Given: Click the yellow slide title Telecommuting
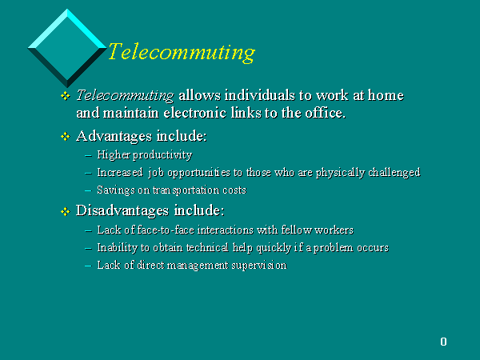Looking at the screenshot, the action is click(182, 52).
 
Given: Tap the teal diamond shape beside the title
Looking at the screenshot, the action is click(67, 48).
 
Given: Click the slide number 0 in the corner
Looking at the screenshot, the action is click(443, 342).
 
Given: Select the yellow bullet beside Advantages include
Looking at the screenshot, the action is click(66, 136).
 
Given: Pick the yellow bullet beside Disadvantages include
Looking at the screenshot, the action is click(66, 211).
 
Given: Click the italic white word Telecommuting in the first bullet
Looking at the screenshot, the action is click(125, 95).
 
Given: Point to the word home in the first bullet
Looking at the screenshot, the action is click(386, 95).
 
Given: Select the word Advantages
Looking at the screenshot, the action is click(114, 137).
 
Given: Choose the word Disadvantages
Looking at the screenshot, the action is click(122, 210).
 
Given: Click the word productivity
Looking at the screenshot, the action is click(162, 155).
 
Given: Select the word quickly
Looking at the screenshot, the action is click(274, 248).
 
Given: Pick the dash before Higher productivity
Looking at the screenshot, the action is click(88, 156).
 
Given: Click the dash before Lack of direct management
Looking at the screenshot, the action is click(88, 266).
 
